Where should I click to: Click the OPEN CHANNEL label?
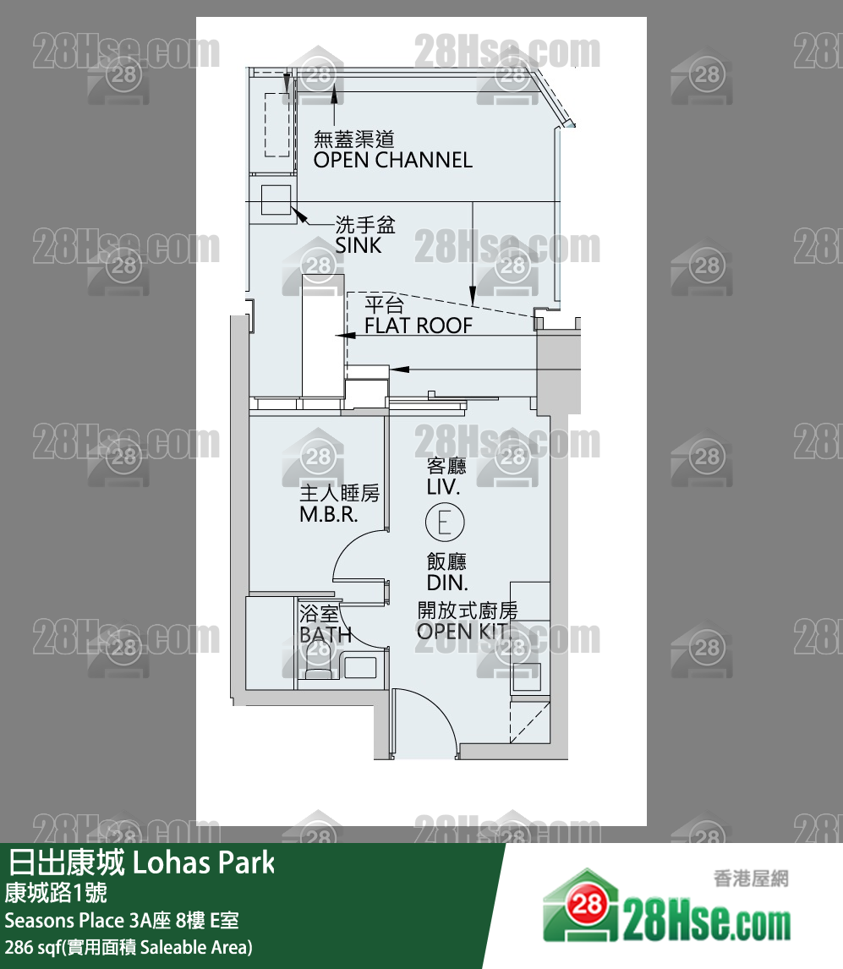tap(392, 160)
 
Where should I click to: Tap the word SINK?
tap(359, 245)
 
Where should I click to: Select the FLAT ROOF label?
tap(418, 326)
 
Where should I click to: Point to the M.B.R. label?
tap(329, 514)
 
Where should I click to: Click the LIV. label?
tap(444, 487)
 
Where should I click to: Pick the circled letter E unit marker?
tap(445, 522)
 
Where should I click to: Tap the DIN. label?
tap(447, 583)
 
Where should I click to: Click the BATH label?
tap(326, 635)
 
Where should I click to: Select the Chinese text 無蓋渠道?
tap(354, 139)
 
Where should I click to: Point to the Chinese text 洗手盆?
tap(365, 225)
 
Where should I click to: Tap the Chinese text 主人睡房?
tap(339, 494)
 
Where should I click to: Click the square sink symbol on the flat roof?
tap(276, 199)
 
